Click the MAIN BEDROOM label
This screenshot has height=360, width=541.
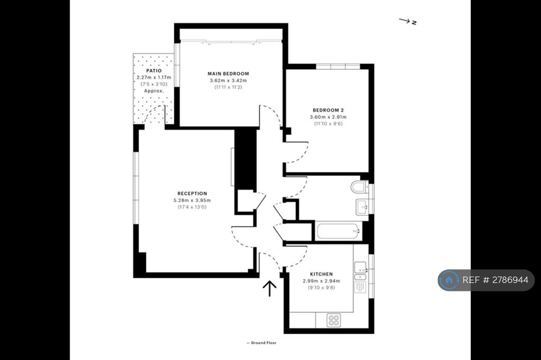click(x=228, y=73)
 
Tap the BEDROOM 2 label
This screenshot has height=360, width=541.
click(x=328, y=110)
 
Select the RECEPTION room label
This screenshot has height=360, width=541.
click(x=192, y=193)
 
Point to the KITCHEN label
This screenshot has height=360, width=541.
click(x=321, y=274)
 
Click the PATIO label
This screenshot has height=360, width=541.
click(x=154, y=71)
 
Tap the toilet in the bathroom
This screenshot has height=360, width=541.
click(x=359, y=187)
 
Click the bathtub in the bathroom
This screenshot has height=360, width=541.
click(x=339, y=231)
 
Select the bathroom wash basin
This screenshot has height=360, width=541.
click(x=362, y=207)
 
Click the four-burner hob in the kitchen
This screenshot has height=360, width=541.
click(x=334, y=320)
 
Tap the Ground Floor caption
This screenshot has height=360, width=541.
click(x=262, y=343)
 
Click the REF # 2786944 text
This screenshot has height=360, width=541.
click(x=495, y=280)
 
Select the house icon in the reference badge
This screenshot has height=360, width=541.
click(x=449, y=280)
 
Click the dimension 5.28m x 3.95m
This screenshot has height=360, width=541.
click(x=192, y=201)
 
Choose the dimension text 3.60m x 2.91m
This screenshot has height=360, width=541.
click(x=328, y=117)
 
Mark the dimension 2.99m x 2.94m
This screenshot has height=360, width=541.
click(x=321, y=281)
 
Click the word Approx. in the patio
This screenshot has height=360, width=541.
click(x=154, y=91)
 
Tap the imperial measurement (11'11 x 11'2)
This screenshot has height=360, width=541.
click(x=228, y=87)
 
